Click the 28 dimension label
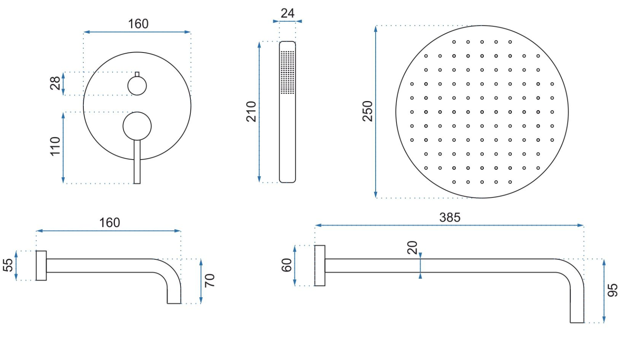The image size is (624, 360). click(x=55, y=83)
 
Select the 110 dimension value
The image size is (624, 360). click(x=55, y=146)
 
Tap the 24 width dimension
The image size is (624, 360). click(x=288, y=13)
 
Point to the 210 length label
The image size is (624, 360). click(x=251, y=111)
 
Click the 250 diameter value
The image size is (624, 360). click(x=367, y=111)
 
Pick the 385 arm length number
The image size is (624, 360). click(x=450, y=217)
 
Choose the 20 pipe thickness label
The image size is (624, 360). click(x=412, y=247)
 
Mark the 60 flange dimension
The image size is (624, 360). click(x=286, y=265)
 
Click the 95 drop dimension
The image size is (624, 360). click(x=612, y=291)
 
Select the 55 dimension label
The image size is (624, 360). click(x=8, y=265)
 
